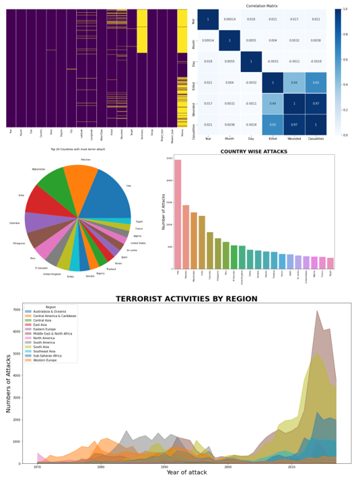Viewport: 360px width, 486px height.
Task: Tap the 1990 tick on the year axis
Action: pyautogui.click(x=164, y=466)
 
